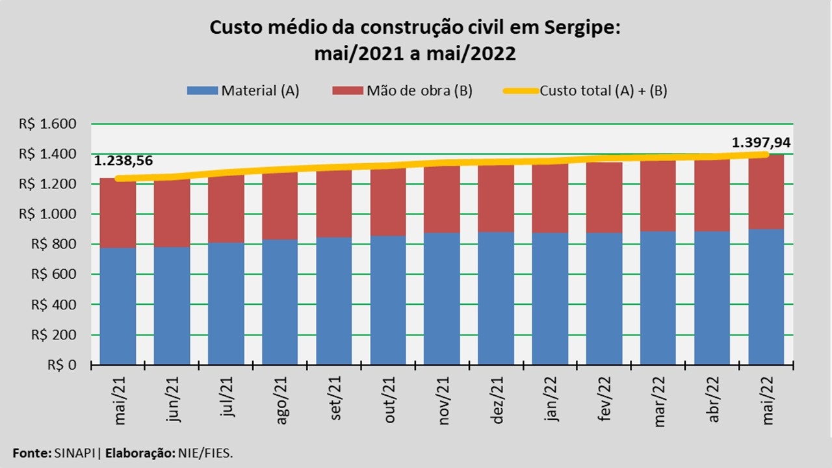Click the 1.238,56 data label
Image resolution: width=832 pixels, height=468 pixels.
click(x=123, y=161)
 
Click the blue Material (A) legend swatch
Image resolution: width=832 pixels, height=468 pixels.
click(x=202, y=91)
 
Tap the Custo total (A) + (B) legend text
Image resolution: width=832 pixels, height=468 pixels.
click(x=603, y=91)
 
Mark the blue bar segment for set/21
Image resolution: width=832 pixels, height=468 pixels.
click(x=334, y=300)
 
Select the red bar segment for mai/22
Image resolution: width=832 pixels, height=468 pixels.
click(x=766, y=192)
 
